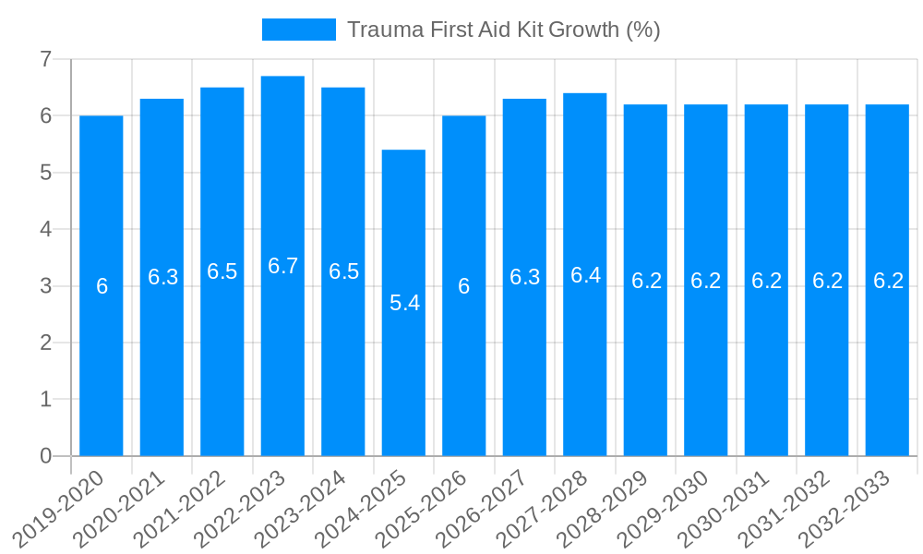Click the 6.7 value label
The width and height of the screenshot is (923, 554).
tap(282, 266)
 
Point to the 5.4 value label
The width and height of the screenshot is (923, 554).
tap(404, 303)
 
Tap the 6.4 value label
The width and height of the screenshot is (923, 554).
tap(585, 275)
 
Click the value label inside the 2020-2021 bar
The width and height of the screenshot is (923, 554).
tap(162, 277)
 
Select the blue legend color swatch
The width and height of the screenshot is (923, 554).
tap(298, 30)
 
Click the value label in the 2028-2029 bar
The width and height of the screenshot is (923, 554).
tap(646, 281)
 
